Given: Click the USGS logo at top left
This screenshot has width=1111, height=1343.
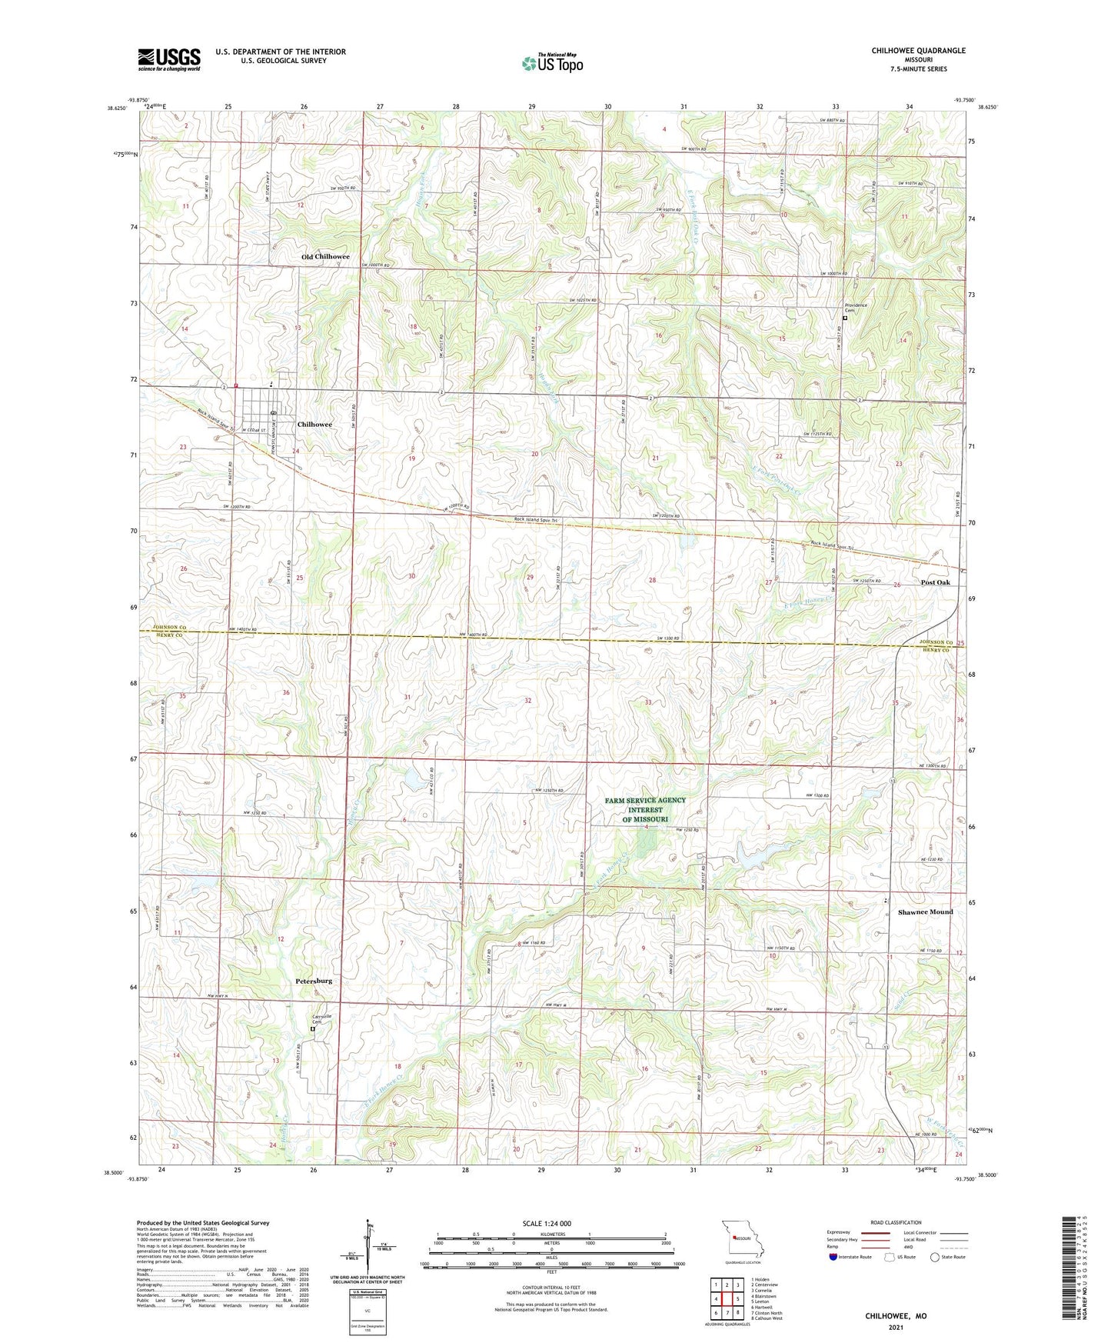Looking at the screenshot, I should (168, 58).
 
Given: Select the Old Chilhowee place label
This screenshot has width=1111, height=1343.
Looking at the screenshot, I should (325, 257).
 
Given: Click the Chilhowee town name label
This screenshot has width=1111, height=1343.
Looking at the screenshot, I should (314, 425).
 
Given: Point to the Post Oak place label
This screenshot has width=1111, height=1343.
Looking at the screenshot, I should (936, 582).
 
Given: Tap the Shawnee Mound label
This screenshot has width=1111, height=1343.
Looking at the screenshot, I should (925, 911).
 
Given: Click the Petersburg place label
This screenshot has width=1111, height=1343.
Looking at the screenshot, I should (314, 981).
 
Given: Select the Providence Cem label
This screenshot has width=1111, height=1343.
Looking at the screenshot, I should (856, 308).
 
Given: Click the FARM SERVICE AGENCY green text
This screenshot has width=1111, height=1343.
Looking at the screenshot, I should (645, 800).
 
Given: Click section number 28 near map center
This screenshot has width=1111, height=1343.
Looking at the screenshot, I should (652, 580).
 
